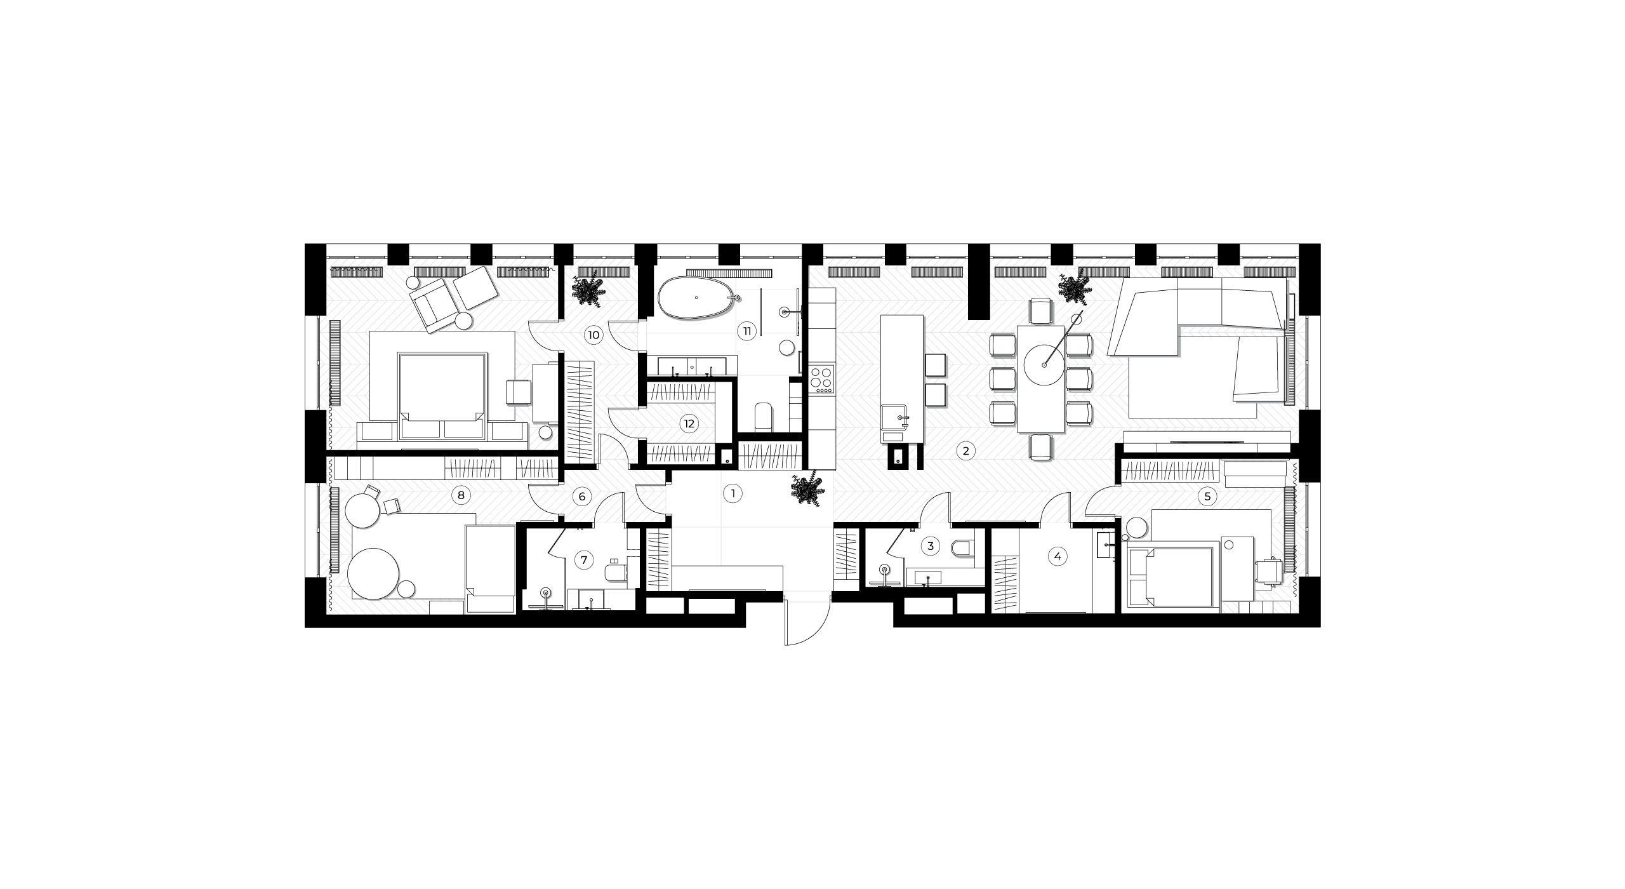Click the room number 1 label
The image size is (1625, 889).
click(x=733, y=494)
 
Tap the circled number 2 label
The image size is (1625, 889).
click(x=965, y=451)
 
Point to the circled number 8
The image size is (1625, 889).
click(x=461, y=495)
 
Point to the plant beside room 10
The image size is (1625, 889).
click(x=588, y=291)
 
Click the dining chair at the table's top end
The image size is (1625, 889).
click(x=1042, y=311)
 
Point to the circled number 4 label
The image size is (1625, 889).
click(x=1057, y=557)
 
